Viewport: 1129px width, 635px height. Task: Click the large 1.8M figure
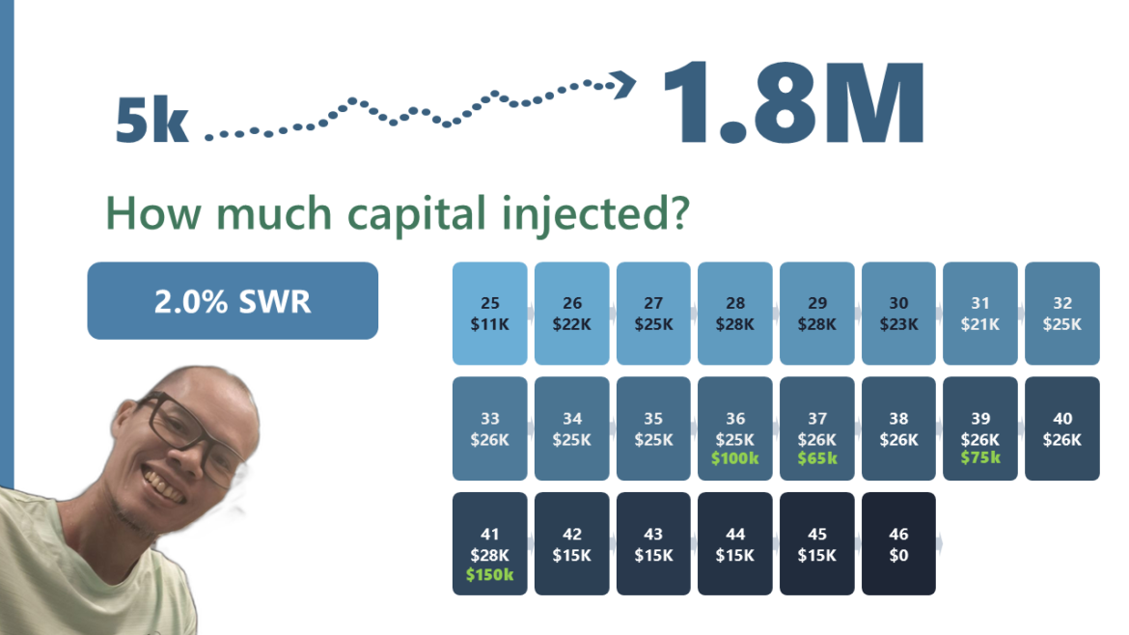coord(793,102)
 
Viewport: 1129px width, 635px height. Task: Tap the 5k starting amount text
coord(151,120)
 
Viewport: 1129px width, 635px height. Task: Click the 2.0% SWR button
coord(233,300)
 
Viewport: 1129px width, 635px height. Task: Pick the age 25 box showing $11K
coord(489,314)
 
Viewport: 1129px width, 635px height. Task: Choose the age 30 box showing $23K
coord(898,314)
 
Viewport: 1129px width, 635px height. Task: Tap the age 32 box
coord(1062,314)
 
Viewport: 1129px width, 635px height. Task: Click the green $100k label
coord(735,457)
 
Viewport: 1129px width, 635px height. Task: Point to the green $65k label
coord(817,457)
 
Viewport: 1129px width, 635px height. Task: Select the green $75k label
coord(980,457)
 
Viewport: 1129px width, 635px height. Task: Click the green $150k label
coord(489,574)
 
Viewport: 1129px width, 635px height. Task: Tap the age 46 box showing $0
coord(898,543)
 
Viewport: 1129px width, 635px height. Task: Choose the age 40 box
coord(1062,428)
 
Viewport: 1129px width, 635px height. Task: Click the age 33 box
coord(489,428)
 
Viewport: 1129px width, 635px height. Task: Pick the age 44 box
coord(735,543)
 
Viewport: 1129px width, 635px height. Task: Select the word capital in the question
coord(417,214)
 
